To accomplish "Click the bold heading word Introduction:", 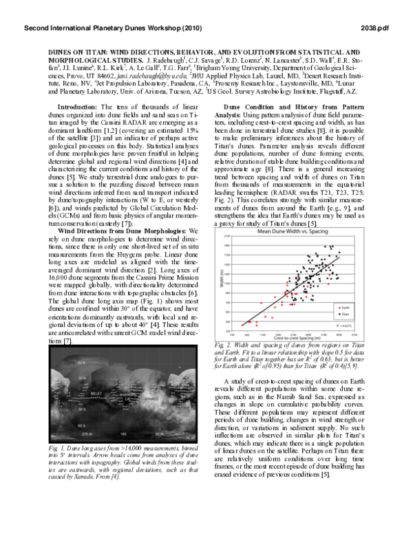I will pos(76,107).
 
